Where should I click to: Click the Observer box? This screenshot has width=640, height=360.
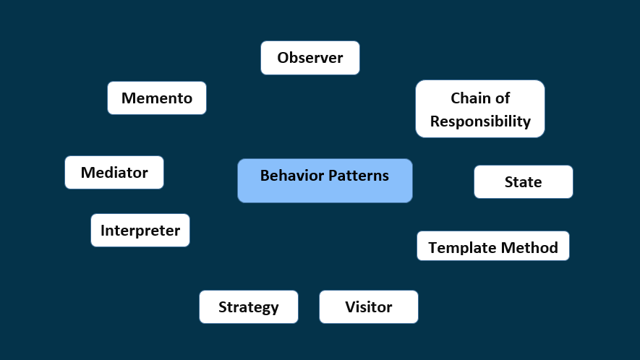[310, 58]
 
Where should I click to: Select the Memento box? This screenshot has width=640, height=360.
[157, 98]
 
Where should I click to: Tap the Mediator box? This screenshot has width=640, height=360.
[114, 172]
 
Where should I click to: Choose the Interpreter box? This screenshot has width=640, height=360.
[140, 230]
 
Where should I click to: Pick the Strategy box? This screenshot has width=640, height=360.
[248, 307]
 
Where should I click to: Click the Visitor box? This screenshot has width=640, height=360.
[368, 307]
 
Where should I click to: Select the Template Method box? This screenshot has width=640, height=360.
[492, 247]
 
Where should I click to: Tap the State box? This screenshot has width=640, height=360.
[523, 181]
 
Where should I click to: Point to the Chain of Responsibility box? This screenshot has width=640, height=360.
[479, 109]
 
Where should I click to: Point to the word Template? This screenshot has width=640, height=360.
[460, 248]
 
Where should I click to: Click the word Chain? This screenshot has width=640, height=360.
[471, 98]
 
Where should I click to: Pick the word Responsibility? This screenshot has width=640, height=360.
[480, 121]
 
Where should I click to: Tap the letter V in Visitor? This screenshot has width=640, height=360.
[350, 307]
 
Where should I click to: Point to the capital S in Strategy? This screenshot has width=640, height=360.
[223, 307]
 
